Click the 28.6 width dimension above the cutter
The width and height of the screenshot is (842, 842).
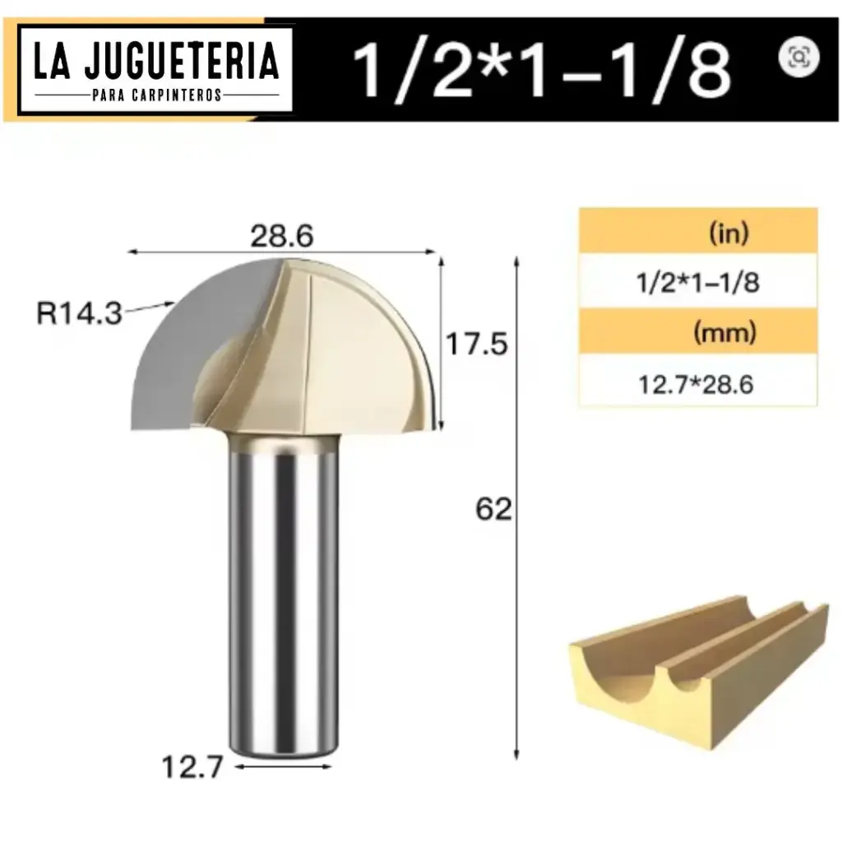280,237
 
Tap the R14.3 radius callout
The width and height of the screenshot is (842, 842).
80,313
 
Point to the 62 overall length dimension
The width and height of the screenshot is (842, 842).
493,510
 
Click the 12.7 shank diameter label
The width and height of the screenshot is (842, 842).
193,768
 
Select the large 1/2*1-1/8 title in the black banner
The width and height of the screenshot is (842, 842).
540,70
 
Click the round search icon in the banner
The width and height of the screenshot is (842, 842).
798,57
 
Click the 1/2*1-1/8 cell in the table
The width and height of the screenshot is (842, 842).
697,283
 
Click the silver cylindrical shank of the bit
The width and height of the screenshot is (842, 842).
284,592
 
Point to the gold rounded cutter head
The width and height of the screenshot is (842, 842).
362,345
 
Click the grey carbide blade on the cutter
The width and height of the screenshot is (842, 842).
173,362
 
